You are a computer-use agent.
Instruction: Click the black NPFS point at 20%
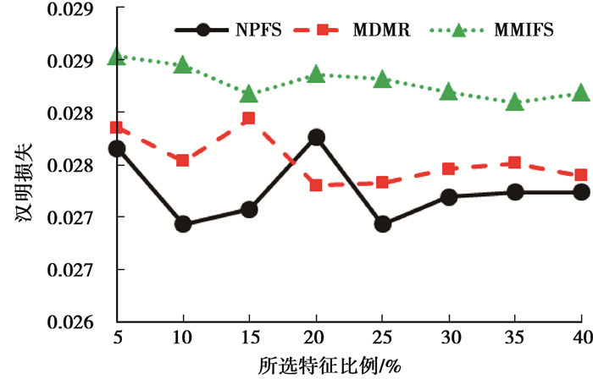[x=316, y=137]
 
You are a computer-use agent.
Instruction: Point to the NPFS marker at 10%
[x=183, y=224]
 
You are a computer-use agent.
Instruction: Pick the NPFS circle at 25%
[x=382, y=224]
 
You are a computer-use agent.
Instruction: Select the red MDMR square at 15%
[x=249, y=118]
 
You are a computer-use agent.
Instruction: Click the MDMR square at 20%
[x=316, y=184]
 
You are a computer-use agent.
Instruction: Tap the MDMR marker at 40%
[x=581, y=175]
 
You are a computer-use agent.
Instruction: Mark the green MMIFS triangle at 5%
[x=117, y=57]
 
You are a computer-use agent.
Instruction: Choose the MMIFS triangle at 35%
[x=515, y=102]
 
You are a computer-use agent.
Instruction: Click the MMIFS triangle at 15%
[x=249, y=93]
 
